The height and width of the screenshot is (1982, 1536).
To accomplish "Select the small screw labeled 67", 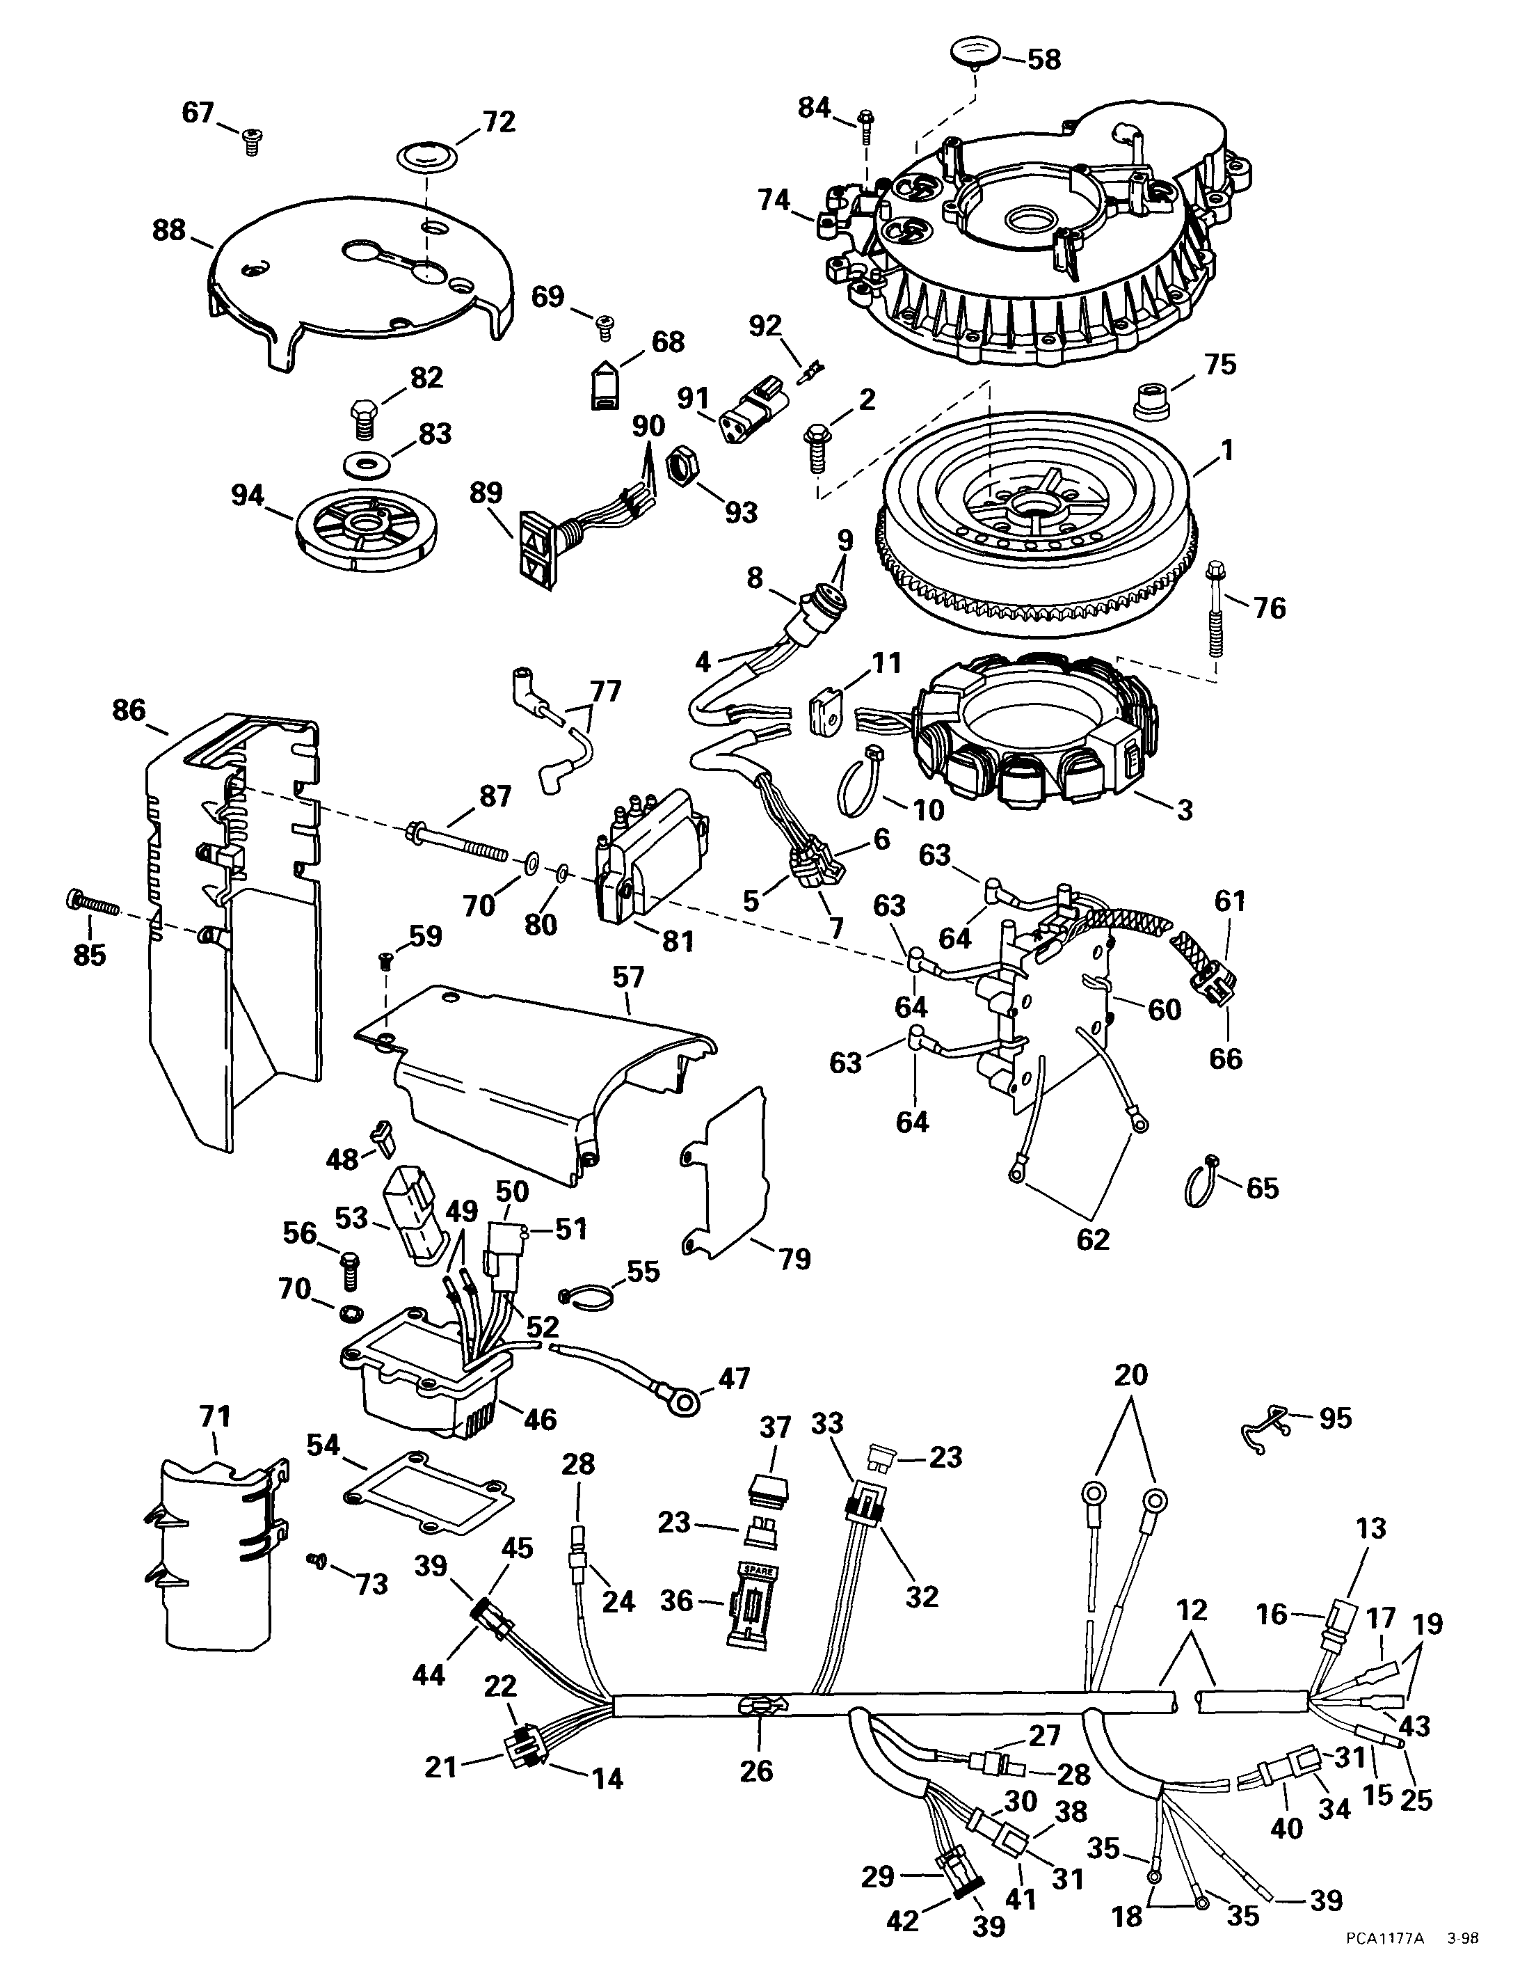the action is tap(250, 141).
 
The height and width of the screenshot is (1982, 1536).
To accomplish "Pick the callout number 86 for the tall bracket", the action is tap(128, 710).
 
